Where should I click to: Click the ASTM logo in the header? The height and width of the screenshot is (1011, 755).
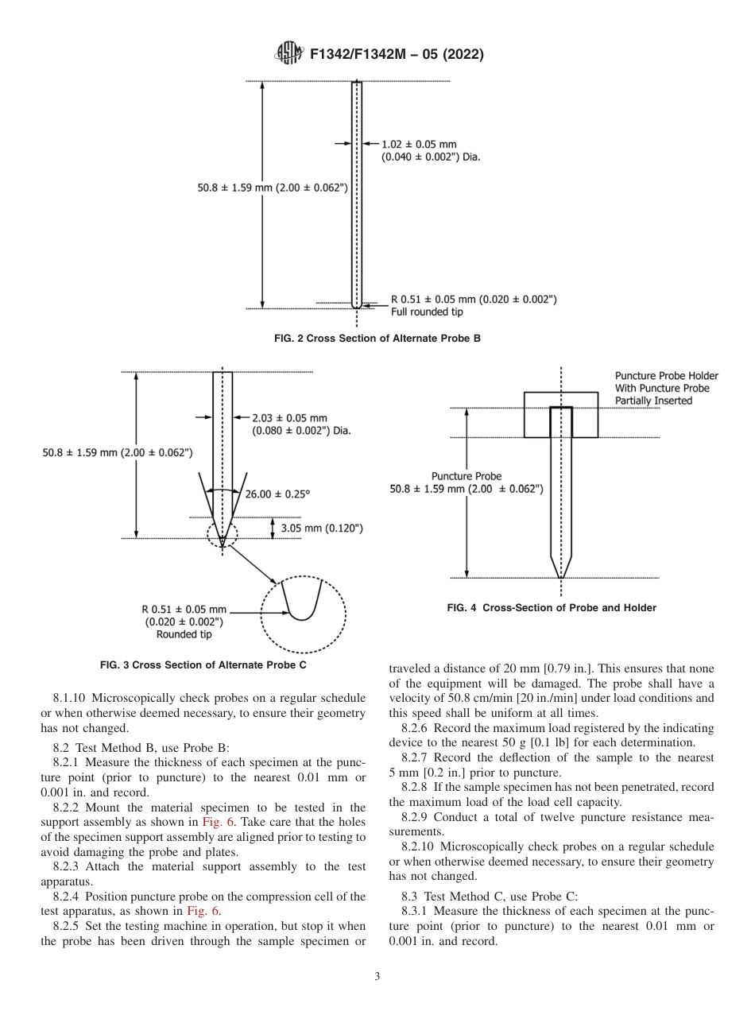[288, 54]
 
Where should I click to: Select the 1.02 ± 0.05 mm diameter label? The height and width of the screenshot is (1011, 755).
[419, 144]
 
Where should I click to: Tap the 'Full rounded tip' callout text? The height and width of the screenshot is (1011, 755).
[427, 312]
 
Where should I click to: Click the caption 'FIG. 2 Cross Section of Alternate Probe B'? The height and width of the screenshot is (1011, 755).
[377, 339]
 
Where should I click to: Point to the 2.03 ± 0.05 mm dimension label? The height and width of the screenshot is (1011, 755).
[289, 417]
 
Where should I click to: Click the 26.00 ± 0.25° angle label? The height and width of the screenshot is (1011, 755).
[277, 494]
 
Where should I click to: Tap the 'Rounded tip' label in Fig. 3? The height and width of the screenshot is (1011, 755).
[184, 634]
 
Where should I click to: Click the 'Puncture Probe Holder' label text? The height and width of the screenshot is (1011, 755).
[666, 376]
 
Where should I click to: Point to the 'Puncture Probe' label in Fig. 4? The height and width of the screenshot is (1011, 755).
[467, 476]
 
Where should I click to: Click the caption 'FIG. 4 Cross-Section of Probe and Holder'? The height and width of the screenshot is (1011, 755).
[552, 608]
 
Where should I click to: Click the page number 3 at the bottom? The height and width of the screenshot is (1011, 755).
[377, 977]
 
